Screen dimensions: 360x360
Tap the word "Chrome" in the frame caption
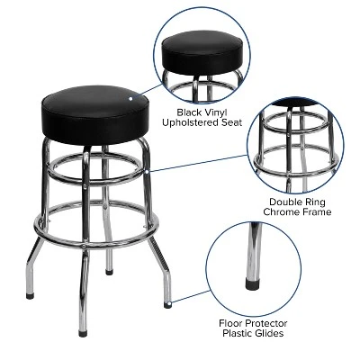click(279, 213)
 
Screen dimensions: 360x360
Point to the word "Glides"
click(266, 333)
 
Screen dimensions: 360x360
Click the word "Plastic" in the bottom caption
click(230, 333)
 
